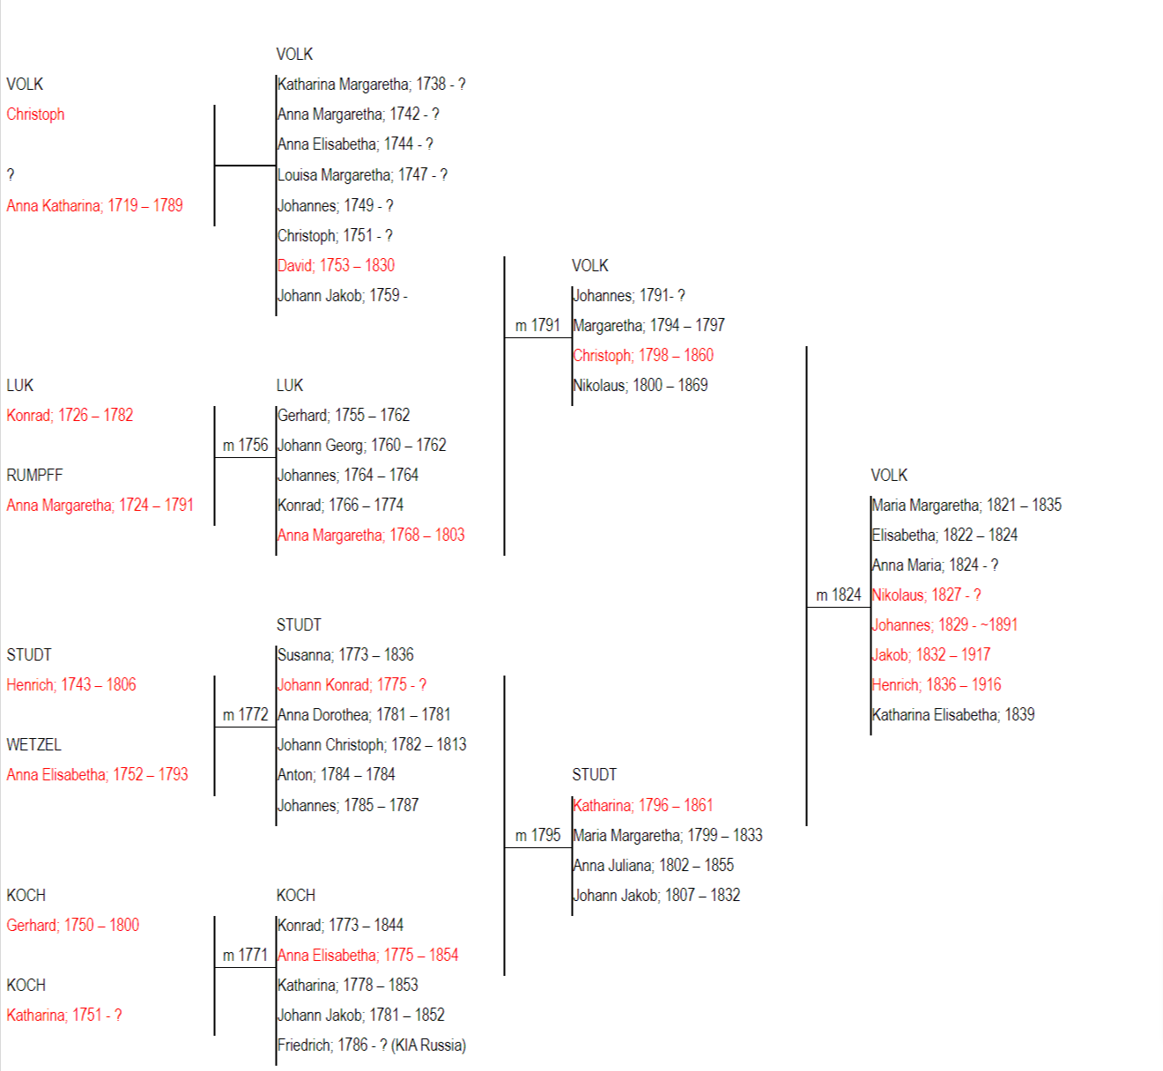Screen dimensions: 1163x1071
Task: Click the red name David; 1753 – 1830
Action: tap(336, 265)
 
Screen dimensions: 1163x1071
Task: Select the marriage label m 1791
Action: tap(537, 325)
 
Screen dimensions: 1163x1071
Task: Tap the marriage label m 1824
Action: tap(839, 595)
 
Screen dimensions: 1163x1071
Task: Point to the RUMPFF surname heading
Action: tap(34, 476)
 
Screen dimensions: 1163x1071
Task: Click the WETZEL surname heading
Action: tap(33, 745)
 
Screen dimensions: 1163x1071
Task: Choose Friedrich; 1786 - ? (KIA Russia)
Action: tap(372, 1045)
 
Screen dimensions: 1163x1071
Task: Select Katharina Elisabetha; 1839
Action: tap(953, 714)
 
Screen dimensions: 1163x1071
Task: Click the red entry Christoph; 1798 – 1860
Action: tap(643, 355)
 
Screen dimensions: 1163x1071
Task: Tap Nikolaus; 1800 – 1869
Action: tap(640, 386)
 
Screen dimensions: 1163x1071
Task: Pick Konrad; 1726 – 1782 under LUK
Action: tap(70, 415)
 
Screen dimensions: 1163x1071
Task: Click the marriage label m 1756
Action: tap(245, 445)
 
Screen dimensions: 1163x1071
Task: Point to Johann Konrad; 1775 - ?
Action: tap(352, 684)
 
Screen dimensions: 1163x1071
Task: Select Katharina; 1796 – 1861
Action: tap(643, 805)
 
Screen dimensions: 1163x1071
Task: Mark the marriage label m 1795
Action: tap(537, 835)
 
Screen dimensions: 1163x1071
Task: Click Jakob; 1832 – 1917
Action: tap(931, 655)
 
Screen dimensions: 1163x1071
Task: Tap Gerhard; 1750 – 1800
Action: tap(73, 925)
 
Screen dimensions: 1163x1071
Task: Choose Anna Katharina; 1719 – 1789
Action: tap(94, 205)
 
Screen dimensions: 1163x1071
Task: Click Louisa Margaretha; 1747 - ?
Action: tap(362, 174)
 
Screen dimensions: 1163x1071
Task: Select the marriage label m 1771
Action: tap(245, 955)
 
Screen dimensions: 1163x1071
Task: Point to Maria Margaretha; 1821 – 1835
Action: tap(967, 505)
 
